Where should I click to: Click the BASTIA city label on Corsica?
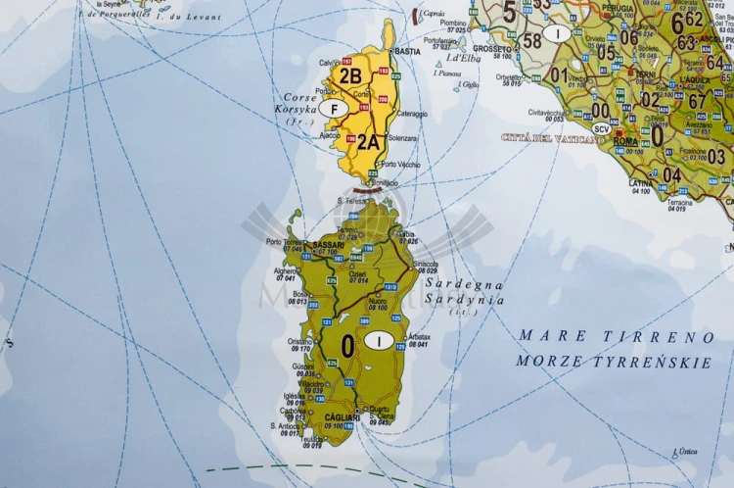pos(407,51)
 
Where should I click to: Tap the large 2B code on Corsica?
pos(349,73)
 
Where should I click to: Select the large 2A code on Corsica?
pos(367,141)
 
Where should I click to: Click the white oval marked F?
pos(333,109)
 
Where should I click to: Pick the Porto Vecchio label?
pos(400,164)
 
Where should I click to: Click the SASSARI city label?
pos(328,245)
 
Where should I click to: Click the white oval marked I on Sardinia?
pos(378,340)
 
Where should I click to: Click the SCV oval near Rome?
pos(601,128)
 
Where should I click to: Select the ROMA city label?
pos(625,142)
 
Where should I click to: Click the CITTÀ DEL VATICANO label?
pos(553,138)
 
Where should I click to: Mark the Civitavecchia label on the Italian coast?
pos(546,112)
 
